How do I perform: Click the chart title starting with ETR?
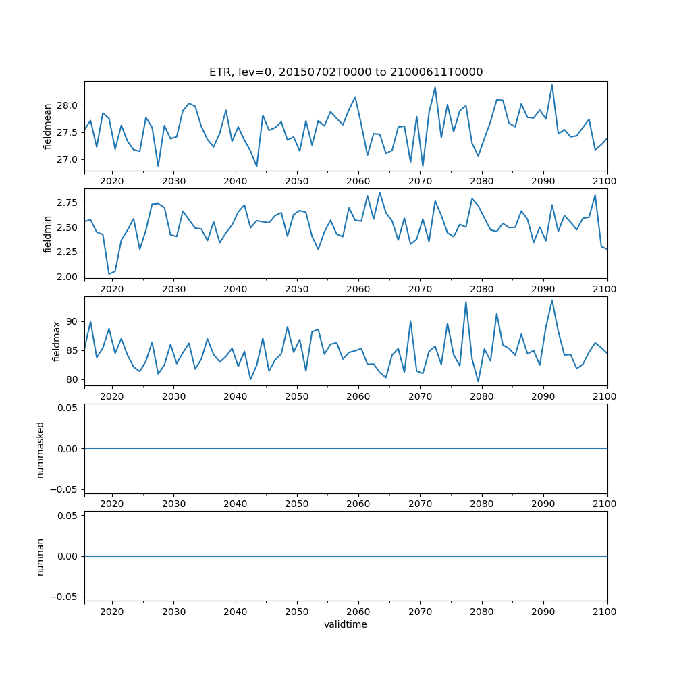(x=346, y=72)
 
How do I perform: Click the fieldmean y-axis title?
(x=48, y=126)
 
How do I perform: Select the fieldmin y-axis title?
(x=48, y=234)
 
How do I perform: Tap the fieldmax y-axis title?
(x=56, y=341)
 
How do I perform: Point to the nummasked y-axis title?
(x=40, y=448)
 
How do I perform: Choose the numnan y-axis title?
(x=40, y=556)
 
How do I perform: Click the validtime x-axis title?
(x=346, y=625)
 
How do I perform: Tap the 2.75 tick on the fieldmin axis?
(x=67, y=202)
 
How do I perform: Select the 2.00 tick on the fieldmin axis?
(x=67, y=277)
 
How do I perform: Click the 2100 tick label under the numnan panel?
(x=605, y=612)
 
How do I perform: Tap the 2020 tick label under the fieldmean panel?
(x=112, y=182)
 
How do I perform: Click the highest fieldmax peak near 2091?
(x=552, y=300)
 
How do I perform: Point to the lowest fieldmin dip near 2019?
(x=109, y=274)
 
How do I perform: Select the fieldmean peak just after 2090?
(x=552, y=85)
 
